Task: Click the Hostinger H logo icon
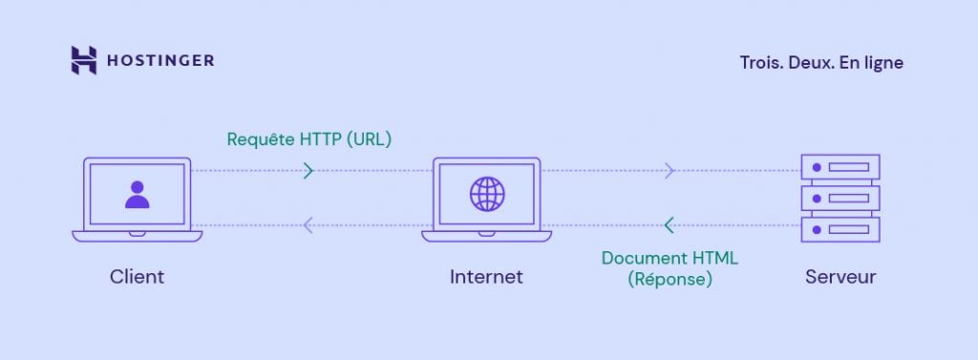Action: pos(84,60)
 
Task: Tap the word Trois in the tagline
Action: pos(759,62)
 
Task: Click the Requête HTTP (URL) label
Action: pos(309,138)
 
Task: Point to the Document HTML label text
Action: pos(670,258)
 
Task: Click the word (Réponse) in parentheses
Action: pos(670,280)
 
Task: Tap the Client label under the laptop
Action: pos(137,277)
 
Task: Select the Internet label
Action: pos(486,277)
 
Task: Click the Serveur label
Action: pos(840,277)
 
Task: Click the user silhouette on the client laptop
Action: pos(138,194)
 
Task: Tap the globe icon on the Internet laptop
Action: pos(487,194)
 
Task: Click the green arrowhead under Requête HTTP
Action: pos(308,171)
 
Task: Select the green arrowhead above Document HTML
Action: pos(669,225)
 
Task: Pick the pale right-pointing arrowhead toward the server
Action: pos(670,171)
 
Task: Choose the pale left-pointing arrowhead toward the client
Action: pos(308,225)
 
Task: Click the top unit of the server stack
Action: pos(840,167)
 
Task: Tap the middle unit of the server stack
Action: pos(840,199)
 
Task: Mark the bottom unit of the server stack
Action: pos(840,230)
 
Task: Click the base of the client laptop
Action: pos(138,235)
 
